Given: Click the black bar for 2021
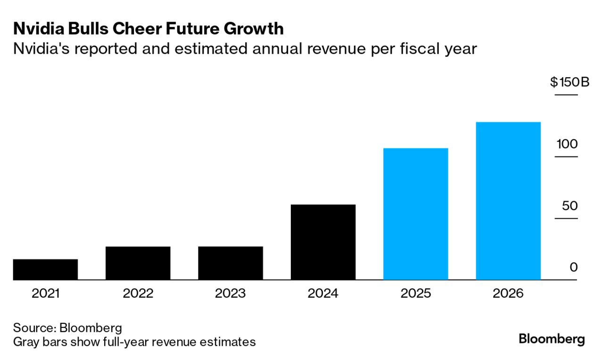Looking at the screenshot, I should pyautogui.click(x=45, y=269).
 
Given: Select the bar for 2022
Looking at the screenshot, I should pyautogui.click(x=138, y=263).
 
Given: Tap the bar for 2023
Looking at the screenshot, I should pyautogui.click(x=231, y=263).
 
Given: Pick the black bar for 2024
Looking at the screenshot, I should pyautogui.click(x=323, y=242).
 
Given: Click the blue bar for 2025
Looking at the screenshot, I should pyautogui.click(x=415, y=214).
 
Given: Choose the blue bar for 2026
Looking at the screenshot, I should pyautogui.click(x=508, y=201).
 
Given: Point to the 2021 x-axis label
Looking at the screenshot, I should pyautogui.click(x=45, y=294).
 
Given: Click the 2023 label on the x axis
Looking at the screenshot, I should pyautogui.click(x=231, y=294).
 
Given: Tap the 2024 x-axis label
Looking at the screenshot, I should pyautogui.click(x=323, y=294).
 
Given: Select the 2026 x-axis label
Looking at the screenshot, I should pyautogui.click(x=508, y=294).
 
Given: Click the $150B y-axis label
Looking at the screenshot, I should pyautogui.click(x=570, y=82).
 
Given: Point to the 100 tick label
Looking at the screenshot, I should pyautogui.click(x=567, y=144).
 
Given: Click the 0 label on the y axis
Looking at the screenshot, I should pyautogui.click(x=573, y=267).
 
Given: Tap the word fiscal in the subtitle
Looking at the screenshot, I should pyautogui.click(x=415, y=48).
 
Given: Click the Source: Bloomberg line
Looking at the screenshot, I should pyautogui.click(x=67, y=328).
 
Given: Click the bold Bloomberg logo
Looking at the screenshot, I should pyautogui.click(x=551, y=339).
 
